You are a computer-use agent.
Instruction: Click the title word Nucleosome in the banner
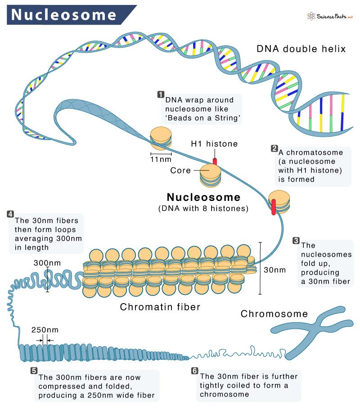63,15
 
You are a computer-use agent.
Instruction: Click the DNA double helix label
301,49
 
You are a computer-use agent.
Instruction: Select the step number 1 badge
161,94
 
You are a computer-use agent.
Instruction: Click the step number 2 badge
274,148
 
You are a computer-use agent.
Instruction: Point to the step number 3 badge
296,241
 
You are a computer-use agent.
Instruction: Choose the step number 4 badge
10,214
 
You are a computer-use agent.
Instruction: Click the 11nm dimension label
161,159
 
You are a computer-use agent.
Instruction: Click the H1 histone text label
214,144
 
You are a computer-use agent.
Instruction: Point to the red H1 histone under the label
215,161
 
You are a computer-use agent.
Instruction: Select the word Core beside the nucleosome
180,171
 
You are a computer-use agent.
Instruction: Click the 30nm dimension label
274,270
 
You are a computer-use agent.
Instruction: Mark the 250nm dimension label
45,330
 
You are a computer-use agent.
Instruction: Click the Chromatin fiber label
160,307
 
